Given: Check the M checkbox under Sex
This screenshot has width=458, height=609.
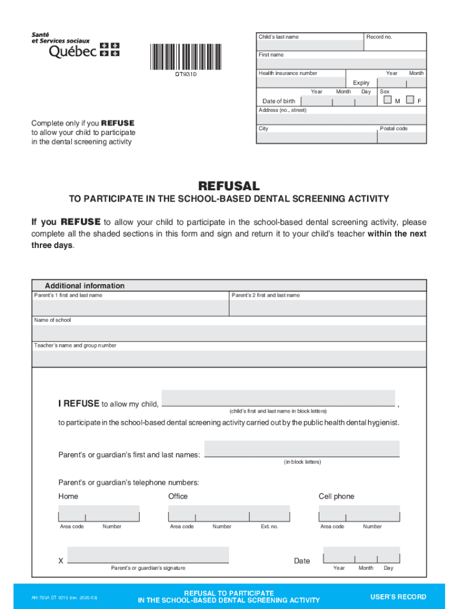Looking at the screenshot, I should coord(388,99).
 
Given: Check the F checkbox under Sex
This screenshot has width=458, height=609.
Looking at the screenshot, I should coord(410,99).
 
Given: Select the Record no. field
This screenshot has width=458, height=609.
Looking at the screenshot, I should coord(395,45).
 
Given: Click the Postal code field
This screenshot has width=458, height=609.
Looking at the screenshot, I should coord(402,137).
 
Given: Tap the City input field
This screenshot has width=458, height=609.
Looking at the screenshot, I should coord(316,137).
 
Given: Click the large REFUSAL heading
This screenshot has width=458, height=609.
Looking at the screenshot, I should coord(228,186).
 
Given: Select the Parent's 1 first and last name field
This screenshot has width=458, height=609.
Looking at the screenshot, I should coord(130,307).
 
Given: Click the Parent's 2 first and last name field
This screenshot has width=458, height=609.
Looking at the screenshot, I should coord(327,307).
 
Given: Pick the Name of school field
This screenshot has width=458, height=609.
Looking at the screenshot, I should coord(229,333).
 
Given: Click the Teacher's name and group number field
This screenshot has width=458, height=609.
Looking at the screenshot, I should coord(229,359).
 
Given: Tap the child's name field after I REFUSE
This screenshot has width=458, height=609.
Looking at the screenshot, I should coord(278,398).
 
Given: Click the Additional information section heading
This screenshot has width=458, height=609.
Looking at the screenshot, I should coord(84,285).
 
